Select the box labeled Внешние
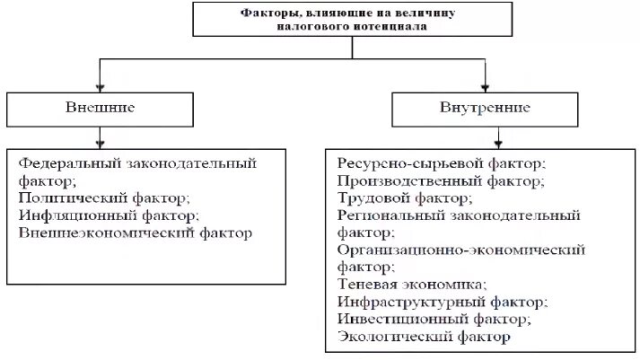pos(100,108)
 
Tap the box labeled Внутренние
pos(486,109)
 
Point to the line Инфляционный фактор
pos(108,215)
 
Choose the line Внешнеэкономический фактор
pos(136,233)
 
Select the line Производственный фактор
pos(441,180)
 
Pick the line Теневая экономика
pos(412,284)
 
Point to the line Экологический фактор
pos(424,337)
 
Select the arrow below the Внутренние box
pos(486,138)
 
